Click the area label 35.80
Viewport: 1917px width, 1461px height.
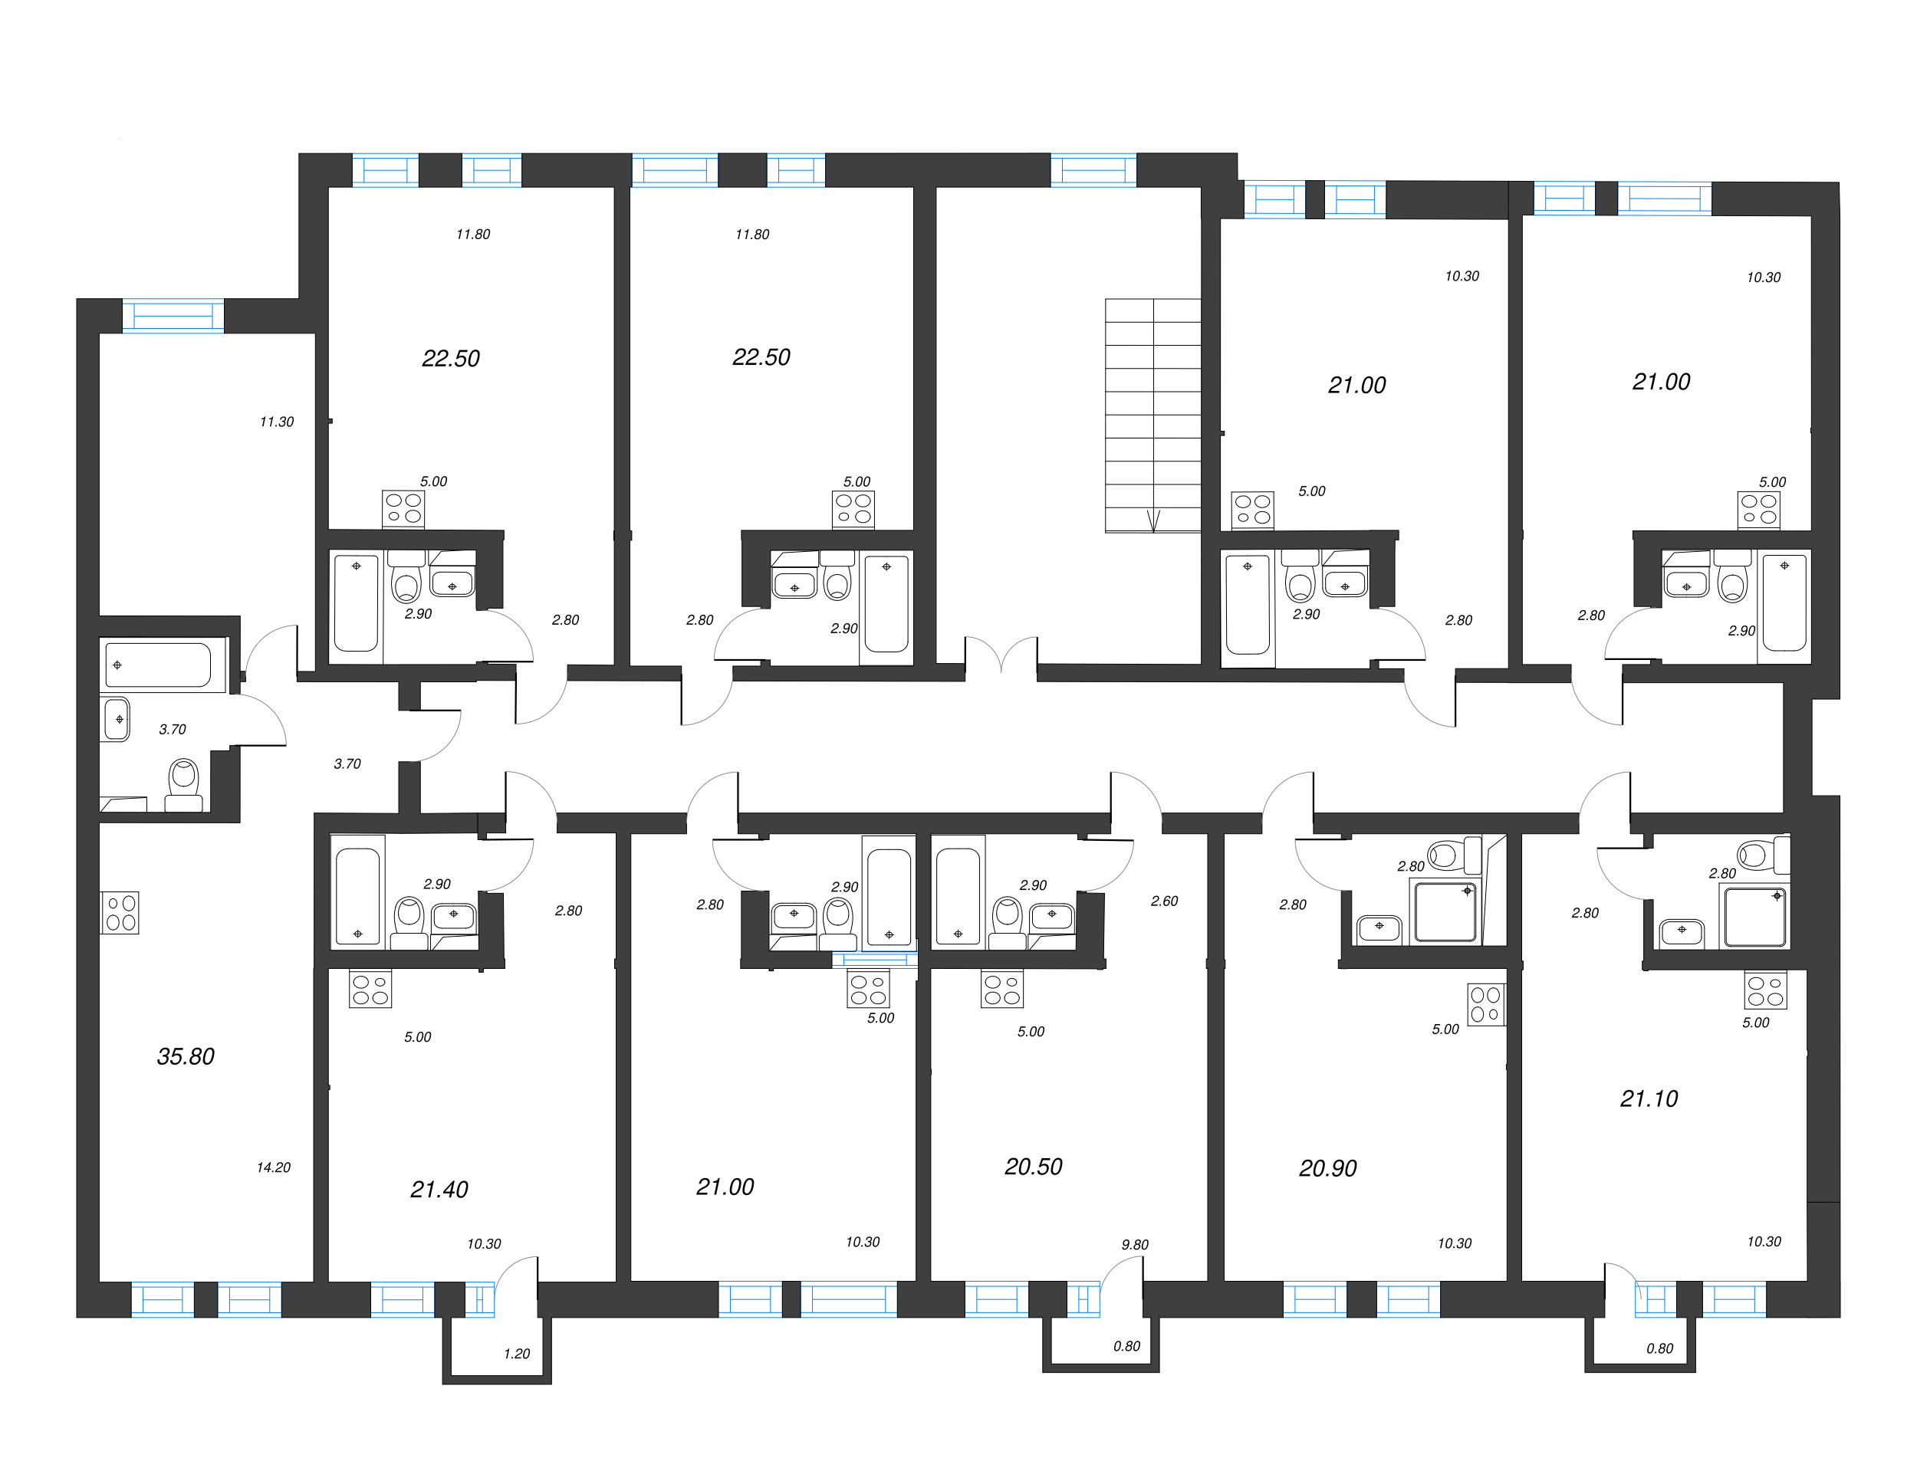pos(186,1056)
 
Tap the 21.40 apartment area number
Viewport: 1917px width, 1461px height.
pos(439,1190)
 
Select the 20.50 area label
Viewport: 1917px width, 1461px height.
pos(1034,1167)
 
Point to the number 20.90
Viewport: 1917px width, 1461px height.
pos(1327,1169)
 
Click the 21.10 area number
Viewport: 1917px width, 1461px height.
pos(1649,1099)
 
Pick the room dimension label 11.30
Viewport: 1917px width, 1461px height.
pos(277,422)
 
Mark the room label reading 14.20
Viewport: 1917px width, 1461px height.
pos(273,1167)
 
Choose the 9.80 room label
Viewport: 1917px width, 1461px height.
pos(1134,1245)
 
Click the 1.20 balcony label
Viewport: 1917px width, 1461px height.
pos(517,1353)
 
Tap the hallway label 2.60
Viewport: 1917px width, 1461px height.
pos(1164,901)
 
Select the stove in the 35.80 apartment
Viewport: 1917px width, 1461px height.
pos(120,913)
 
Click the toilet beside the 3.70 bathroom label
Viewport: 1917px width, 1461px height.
pos(183,783)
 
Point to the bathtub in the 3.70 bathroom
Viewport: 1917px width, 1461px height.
pos(158,665)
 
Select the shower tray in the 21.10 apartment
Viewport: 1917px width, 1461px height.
pos(1754,917)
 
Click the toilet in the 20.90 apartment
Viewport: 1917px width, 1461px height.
pos(1452,855)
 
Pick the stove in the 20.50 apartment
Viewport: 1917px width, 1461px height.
pos(1002,989)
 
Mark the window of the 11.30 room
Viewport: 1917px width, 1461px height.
pos(173,315)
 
